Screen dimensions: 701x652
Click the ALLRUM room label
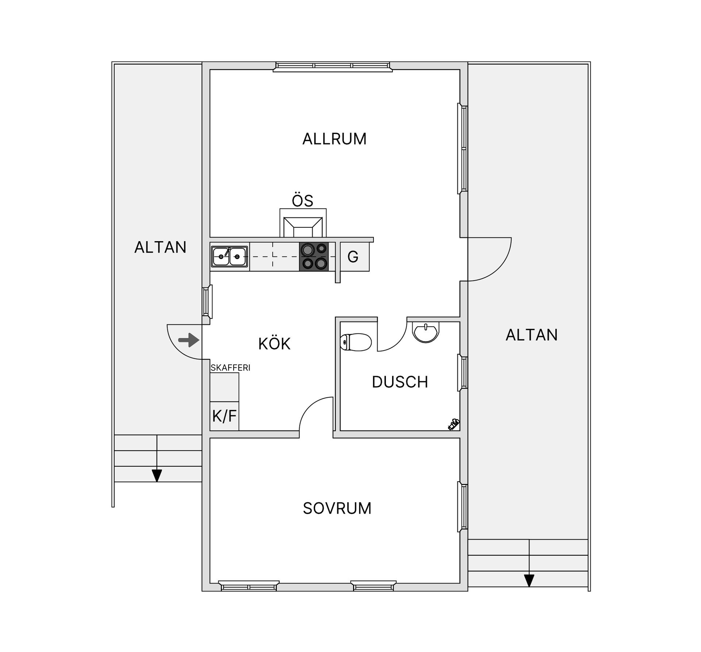pos(334,139)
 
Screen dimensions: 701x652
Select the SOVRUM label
pos(337,508)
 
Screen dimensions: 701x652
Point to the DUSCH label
pos(400,382)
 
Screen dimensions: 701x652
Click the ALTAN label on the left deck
pos(160,247)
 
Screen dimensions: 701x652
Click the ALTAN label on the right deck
pos(532,335)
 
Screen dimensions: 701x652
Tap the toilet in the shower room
pos(356,342)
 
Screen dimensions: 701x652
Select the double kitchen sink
pos(229,256)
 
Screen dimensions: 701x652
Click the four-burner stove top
pos(314,256)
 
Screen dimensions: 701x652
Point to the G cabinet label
pos(353,257)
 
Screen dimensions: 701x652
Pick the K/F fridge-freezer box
pos(225,416)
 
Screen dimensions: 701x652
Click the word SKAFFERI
pos(230,368)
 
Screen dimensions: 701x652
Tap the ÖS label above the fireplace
pos(303,201)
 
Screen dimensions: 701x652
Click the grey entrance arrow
pos(189,340)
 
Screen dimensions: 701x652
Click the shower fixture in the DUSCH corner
pos(453,425)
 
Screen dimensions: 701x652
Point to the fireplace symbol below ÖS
pos(303,223)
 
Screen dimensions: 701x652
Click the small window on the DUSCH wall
pos(463,373)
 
